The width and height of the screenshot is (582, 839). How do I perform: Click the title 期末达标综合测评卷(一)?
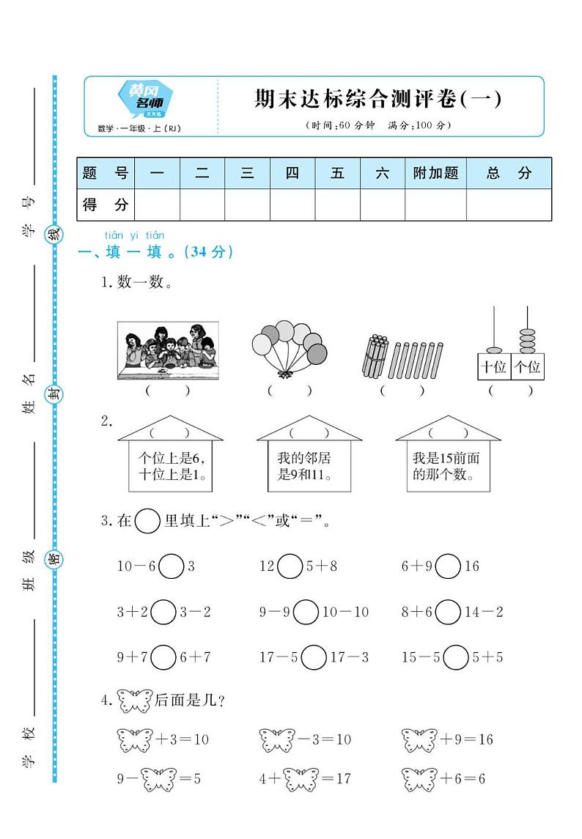click(378, 99)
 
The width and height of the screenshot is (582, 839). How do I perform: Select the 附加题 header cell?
click(435, 174)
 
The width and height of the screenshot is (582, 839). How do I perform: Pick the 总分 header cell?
click(509, 174)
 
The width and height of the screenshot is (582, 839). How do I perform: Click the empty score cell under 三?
click(247, 205)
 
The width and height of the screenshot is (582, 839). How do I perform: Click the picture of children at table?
click(168, 350)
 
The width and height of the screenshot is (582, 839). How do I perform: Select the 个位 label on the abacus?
click(527, 366)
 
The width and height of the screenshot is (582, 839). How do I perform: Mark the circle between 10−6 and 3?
click(172, 566)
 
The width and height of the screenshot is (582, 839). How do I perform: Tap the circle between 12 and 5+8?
click(290, 566)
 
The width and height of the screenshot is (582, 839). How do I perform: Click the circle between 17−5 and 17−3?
click(314, 657)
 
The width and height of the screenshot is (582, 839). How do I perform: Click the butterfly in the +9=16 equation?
click(419, 739)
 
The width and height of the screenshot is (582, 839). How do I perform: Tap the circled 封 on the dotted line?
click(54, 395)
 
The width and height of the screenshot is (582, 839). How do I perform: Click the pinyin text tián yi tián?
click(134, 235)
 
